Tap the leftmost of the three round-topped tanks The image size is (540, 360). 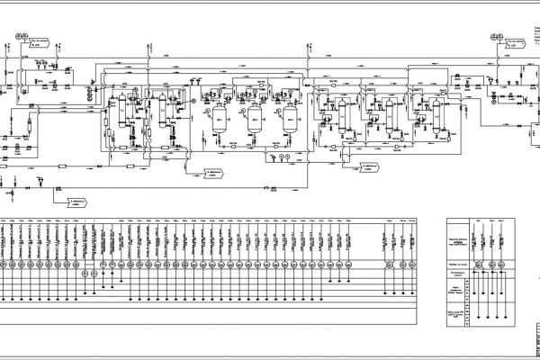point(219,118)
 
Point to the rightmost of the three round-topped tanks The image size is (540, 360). point(288,118)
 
